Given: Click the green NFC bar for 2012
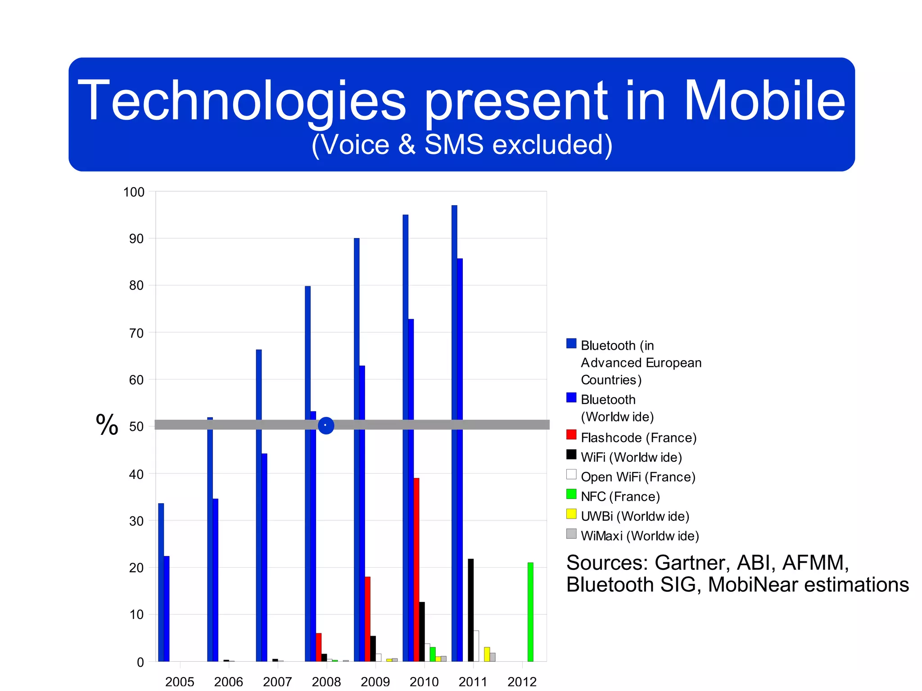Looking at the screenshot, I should pyautogui.click(x=530, y=612).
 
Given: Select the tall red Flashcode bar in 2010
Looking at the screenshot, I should pyautogui.click(x=416, y=569).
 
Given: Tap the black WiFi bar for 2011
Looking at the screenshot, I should pyautogui.click(x=470, y=610).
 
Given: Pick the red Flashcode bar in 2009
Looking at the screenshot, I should pyautogui.click(x=367, y=619).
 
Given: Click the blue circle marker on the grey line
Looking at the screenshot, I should pyautogui.click(x=326, y=425).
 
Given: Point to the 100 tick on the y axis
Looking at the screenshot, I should pyautogui.click(x=134, y=192).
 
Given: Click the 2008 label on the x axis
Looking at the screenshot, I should pyautogui.click(x=326, y=682).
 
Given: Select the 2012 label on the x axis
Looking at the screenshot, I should pyautogui.click(x=522, y=682).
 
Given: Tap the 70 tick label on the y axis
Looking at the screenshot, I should pyautogui.click(x=136, y=334).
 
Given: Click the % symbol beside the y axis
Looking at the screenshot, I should pyautogui.click(x=107, y=425).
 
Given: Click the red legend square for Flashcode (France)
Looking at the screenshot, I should pyautogui.click(x=571, y=435).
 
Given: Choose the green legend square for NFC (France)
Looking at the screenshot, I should pyautogui.click(x=571, y=494).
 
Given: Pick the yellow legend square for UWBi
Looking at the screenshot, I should pyautogui.click(x=571, y=514).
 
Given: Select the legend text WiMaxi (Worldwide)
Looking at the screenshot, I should pyautogui.click(x=640, y=536).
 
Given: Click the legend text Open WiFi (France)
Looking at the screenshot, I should pyautogui.click(x=638, y=477).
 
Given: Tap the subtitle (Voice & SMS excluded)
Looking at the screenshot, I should pyautogui.click(x=461, y=145).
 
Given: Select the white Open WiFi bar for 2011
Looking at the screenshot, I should pyautogui.click(x=476, y=646).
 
